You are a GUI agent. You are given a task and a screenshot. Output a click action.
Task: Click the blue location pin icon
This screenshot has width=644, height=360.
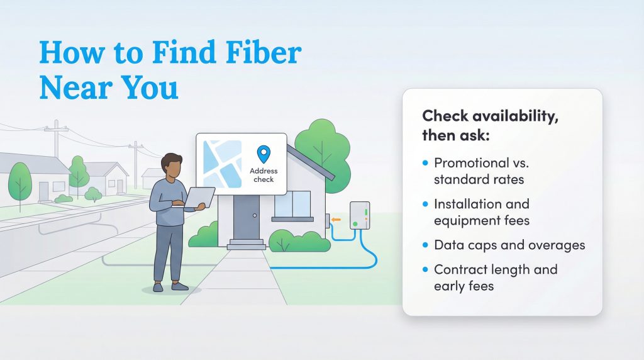[x=264, y=154]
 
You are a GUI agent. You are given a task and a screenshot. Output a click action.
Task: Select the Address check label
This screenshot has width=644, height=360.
[x=264, y=175]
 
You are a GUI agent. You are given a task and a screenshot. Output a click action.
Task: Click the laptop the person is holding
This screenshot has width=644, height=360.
[x=198, y=197]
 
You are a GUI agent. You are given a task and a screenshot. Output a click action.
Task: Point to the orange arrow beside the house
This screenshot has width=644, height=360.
[x=337, y=220]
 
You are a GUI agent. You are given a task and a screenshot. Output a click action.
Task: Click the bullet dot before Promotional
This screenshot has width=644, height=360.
[x=425, y=163]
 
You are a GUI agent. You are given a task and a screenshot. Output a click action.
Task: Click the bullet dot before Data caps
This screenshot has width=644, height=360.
[x=425, y=245]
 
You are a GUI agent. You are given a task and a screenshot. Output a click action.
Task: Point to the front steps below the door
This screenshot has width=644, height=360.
[x=246, y=244]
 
